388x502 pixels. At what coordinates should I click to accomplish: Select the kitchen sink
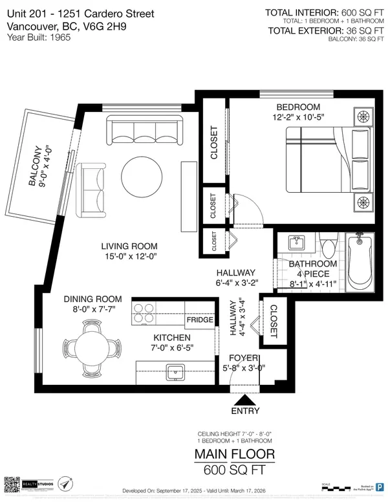[x=175, y=371]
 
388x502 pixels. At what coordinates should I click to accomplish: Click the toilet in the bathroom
[x=327, y=246]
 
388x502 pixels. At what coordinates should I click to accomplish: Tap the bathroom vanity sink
[x=297, y=243]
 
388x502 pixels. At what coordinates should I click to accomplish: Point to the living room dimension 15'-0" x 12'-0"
[x=129, y=257]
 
